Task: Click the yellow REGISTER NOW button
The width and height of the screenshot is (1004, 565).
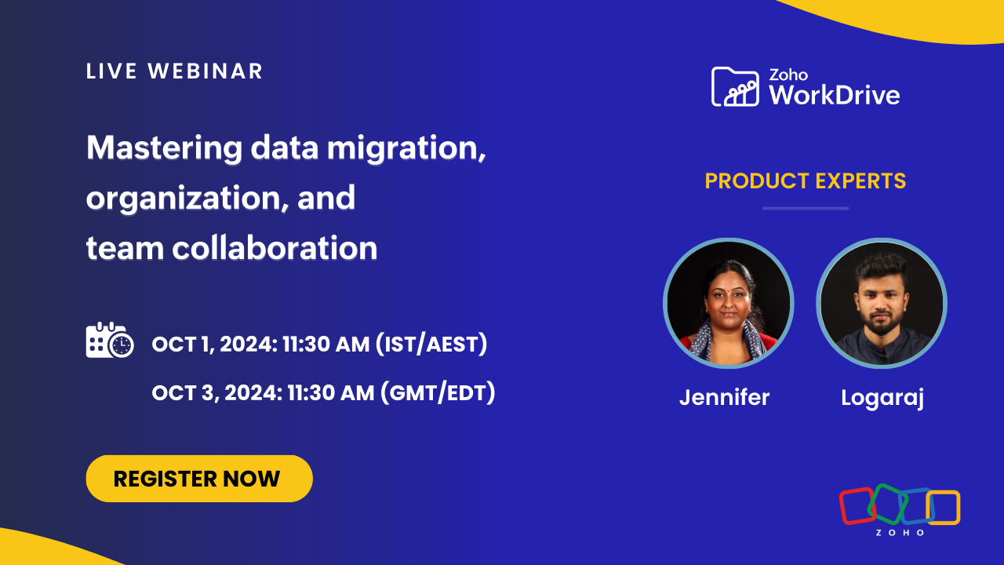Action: tap(199, 479)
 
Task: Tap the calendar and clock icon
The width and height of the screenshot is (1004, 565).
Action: tap(109, 340)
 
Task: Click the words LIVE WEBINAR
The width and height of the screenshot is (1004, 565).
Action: tap(174, 71)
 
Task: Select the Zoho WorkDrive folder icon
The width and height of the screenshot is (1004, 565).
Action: tap(735, 86)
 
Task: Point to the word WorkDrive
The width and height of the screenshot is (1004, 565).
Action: tap(835, 95)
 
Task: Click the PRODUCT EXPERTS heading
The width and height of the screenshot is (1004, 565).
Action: tap(806, 181)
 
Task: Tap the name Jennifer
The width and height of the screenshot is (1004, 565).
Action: tap(724, 397)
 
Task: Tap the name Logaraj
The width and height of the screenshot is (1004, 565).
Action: tap(882, 398)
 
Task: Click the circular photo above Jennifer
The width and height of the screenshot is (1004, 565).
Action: tap(729, 303)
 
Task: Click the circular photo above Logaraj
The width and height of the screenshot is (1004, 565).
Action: tap(882, 303)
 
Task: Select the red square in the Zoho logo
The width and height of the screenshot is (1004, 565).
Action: tap(857, 507)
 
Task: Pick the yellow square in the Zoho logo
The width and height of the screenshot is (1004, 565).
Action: tap(943, 507)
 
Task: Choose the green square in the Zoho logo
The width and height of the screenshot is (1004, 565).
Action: tap(887, 504)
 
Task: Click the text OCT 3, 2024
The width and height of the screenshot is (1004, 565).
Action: tap(217, 393)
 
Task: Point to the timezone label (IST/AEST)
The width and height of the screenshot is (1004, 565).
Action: tap(431, 344)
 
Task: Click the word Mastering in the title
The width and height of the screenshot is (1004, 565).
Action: tap(165, 149)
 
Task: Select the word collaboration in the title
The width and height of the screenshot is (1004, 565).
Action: tap(275, 248)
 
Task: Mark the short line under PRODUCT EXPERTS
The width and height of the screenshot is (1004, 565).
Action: tap(806, 209)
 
